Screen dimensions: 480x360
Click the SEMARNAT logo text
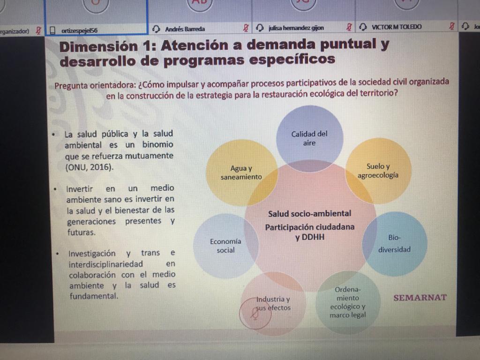pyautogui.click(x=420, y=298)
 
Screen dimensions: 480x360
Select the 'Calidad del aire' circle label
pyautogui.click(x=309, y=138)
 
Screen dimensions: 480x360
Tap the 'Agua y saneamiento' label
pyautogui.click(x=241, y=172)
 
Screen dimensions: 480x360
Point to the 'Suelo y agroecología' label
pyautogui.click(x=378, y=171)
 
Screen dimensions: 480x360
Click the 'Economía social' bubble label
pyautogui.click(x=225, y=246)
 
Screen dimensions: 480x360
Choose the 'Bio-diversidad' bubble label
pyautogui.click(x=394, y=243)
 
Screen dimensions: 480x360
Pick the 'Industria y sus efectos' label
pyautogui.click(x=273, y=303)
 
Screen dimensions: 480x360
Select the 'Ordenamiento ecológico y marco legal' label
pyautogui.click(x=348, y=302)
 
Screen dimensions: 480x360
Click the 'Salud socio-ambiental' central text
pyautogui.click(x=310, y=214)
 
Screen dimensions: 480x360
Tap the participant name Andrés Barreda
pyautogui.click(x=185, y=29)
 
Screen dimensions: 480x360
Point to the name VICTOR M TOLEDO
pyautogui.click(x=397, y=27)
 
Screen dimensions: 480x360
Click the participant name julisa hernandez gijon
pyautogui.click(x=296, y=28)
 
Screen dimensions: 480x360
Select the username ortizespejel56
pyautogui.click(x=79, y=30)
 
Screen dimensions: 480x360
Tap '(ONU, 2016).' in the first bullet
pyautogui.click(x=89, y=167)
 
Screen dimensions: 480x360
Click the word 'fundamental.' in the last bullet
pyautogui.click(x=94, y=296)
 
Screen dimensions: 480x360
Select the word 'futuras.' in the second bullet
pyautogui.click(x=82, y=232)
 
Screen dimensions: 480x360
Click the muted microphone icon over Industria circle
pyautogui.click(x=255, y=314)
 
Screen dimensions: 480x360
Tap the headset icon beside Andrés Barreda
pyautogui.click(x=156, y=29)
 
